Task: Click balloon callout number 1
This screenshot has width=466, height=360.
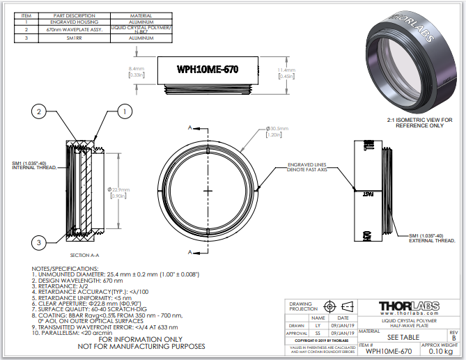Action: point(123,111)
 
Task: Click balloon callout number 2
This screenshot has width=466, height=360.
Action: point(40,111)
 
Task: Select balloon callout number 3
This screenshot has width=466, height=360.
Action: point(40,242)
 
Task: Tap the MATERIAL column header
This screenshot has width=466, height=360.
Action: point(141,15)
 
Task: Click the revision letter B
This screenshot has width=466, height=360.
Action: point(453,338)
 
